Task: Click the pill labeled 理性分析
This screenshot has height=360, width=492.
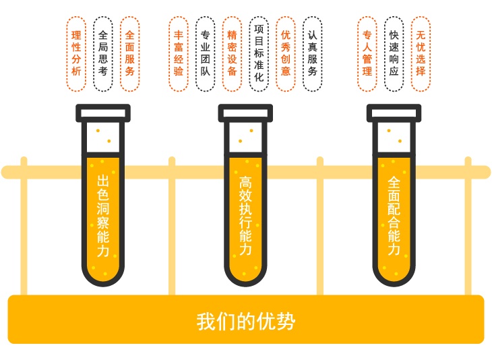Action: tap(76, 54)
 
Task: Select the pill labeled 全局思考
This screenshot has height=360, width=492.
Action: tap(103, 54)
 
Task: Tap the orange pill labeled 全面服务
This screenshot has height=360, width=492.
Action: tap(129, 54)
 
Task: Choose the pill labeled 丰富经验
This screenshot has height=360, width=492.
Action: tap(178, 54)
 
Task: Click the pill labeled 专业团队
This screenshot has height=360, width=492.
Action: tap(205, 54)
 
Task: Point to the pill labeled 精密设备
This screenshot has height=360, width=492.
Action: tap(232, 54)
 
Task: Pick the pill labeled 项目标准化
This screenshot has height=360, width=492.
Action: tap(259, 54)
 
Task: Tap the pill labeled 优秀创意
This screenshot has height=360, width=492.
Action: tap(286, 54)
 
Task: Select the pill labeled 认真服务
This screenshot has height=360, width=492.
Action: tap(312, 54)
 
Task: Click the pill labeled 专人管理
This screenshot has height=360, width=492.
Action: tap(367, 54)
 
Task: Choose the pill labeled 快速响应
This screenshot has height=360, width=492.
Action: tap(394, 54)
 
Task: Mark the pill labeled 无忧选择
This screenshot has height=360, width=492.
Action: tap(421, 54)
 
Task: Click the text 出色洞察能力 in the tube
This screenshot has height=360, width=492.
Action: tap(103, 216)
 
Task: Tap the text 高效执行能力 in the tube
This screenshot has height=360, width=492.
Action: tap(245, 216)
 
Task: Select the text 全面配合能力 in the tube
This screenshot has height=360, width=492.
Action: tap(394, 216)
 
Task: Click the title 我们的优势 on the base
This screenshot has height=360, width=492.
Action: tap(246, 322)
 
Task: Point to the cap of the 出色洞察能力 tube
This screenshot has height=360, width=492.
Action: tap(103, 113)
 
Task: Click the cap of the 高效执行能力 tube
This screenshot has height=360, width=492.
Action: tap(245, 113)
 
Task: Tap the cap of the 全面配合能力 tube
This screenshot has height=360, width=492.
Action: tap(394, 113)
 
